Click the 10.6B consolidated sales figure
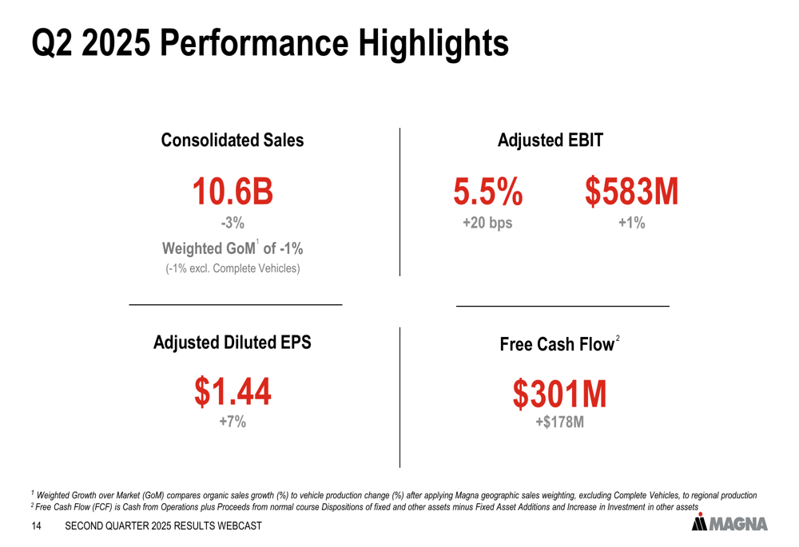(233, 192)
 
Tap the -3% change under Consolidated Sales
(233, 223)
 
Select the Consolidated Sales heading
(233, 141)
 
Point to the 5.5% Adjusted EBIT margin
(488, 192)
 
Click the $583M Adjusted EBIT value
(631, 192)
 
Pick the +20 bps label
(488, 224)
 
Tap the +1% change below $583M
(631, 224)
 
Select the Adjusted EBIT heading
(550, 141)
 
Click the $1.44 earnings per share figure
(233, 391)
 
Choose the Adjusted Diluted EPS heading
(233, 343)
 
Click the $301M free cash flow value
(559, 394)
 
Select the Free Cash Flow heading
(557, 344)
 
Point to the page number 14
(36, 527)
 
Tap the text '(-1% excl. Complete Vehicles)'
(233, 268)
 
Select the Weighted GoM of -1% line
(233, 248)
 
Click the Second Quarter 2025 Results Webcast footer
(163, 527)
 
